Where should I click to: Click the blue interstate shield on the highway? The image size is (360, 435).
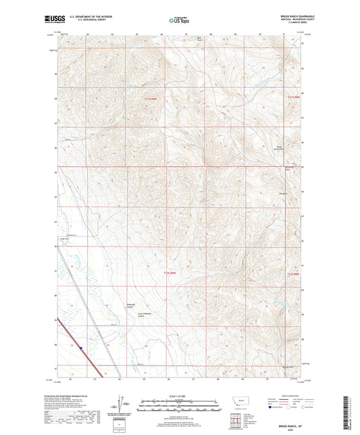(x=80, y=348)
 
